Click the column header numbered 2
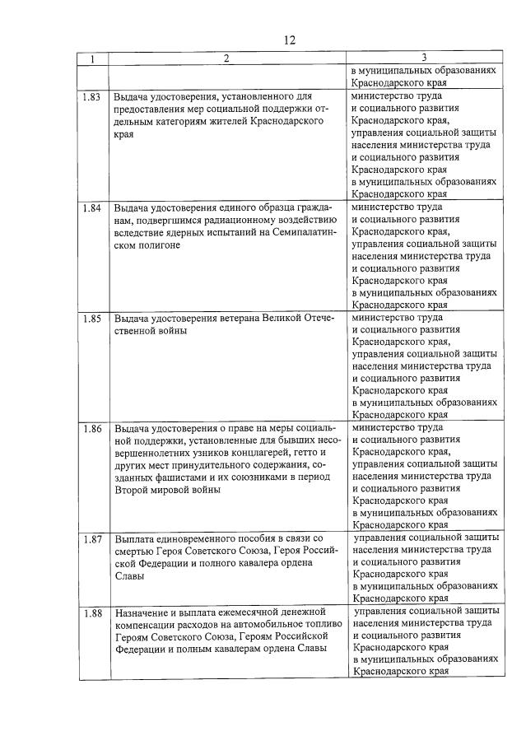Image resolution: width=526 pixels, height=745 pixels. tap(226, 58)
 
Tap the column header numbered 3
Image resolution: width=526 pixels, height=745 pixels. tap(423, 58)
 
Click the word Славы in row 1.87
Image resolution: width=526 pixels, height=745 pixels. tap(129, 576)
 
